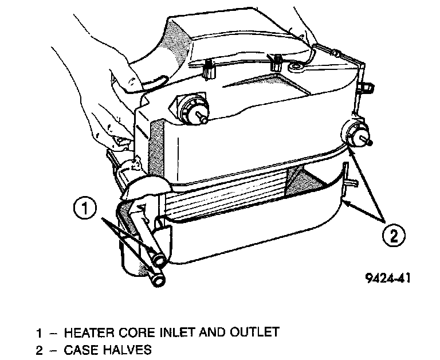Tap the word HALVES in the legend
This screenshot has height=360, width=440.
[x=127, y=349]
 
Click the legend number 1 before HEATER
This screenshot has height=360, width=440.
[x=40, y=331]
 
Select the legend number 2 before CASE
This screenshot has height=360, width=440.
[x=40, y=349]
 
